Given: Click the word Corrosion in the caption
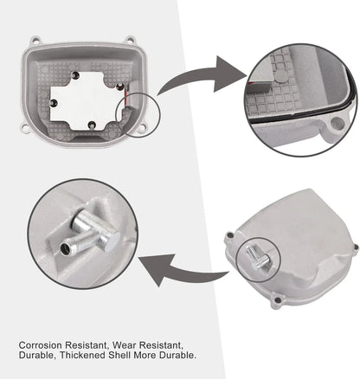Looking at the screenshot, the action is pos(40,345).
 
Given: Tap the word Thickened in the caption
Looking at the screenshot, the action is pos(82,355).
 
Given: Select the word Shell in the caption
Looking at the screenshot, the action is pos(119,355).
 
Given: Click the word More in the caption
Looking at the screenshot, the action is pos(145,355).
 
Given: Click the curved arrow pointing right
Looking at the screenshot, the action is pos(202,75).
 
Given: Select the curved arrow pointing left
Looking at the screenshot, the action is pos(183,270).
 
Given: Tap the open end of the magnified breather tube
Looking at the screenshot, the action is pos(65,248).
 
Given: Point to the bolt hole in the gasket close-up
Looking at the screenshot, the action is pos(337,124).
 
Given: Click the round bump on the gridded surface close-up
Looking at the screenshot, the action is pos(280,76).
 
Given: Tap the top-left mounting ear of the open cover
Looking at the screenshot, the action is pos(35,40).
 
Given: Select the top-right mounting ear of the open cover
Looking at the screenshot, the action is pos(130,40).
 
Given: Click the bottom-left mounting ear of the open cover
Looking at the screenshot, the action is pos(25,127).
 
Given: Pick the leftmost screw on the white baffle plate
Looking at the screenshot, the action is pos(54,103).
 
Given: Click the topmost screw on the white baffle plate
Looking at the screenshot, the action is pos(75,75).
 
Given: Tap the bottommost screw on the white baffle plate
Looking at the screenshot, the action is pos(92,125).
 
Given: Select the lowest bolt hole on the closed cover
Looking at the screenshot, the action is pos(278,301).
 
